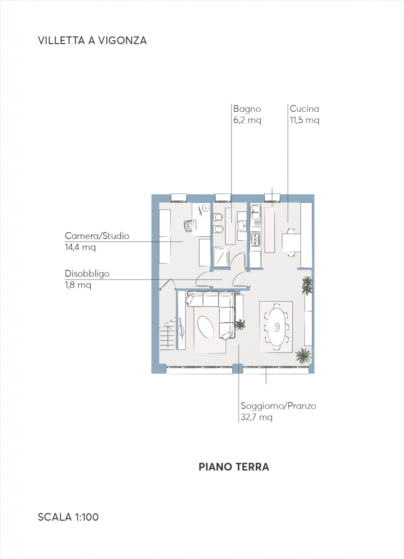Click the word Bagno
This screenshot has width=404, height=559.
(247, 109)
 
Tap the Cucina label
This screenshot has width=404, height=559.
(304, 109)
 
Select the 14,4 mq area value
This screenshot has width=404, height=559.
(80, 247)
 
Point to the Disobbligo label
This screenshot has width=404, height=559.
(87, 274)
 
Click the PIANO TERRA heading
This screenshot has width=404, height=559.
(234, 467)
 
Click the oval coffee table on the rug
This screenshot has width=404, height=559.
(205, 327)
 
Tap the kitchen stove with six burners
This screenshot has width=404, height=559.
(255, 239)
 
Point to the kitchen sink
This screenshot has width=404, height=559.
(256, 212)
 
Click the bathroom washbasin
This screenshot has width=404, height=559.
(242, 226)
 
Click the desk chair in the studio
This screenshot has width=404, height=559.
(188, 226)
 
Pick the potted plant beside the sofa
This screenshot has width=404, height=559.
(240, 324)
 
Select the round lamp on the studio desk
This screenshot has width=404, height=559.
(206, 207)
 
